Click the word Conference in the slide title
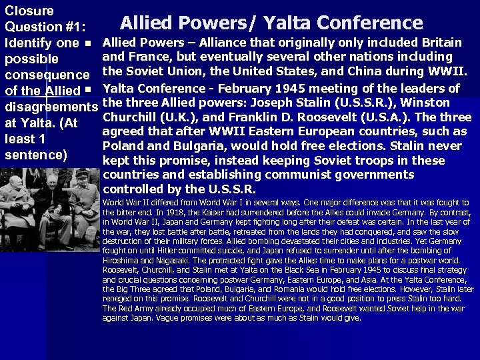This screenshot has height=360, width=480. point(370,23)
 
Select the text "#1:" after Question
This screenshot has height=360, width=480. point(71,27)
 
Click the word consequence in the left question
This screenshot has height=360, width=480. point(47,75)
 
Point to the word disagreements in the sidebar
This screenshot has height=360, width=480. point(51,107)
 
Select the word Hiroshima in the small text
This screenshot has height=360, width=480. point(121,259)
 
